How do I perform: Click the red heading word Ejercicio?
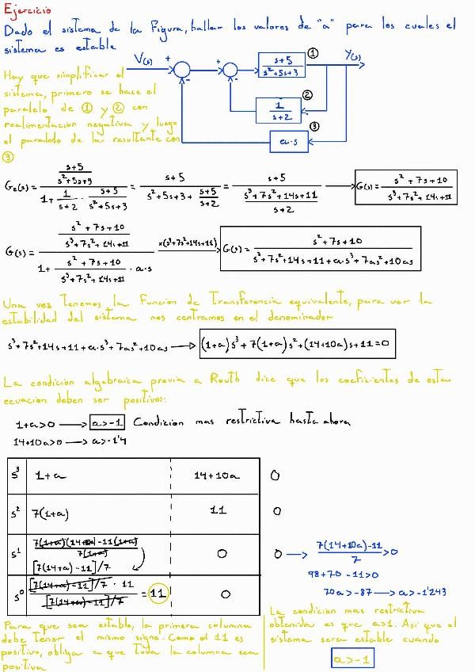28,10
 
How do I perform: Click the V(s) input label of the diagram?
144,58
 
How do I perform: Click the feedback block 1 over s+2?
278,109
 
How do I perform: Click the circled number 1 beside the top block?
313,53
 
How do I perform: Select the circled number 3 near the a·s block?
314,127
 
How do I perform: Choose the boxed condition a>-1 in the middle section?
107,422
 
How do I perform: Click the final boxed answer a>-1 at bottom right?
352,659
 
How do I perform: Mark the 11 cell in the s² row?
218,511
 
